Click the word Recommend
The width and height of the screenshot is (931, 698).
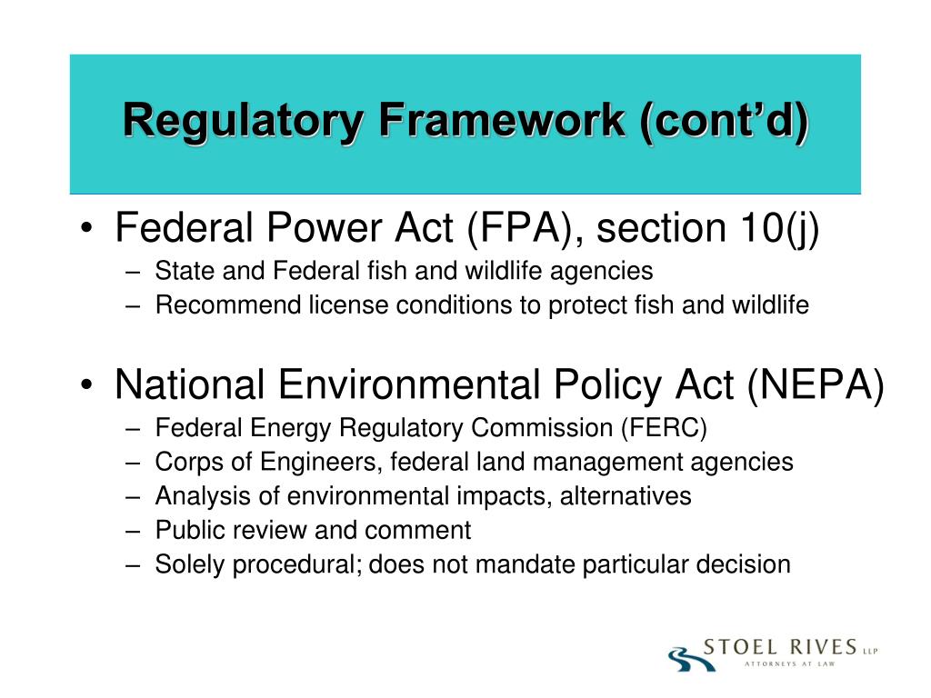pyautogui.click(x=216, y=305)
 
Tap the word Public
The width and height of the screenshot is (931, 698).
pyautogui.click(x=185, y=530)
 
